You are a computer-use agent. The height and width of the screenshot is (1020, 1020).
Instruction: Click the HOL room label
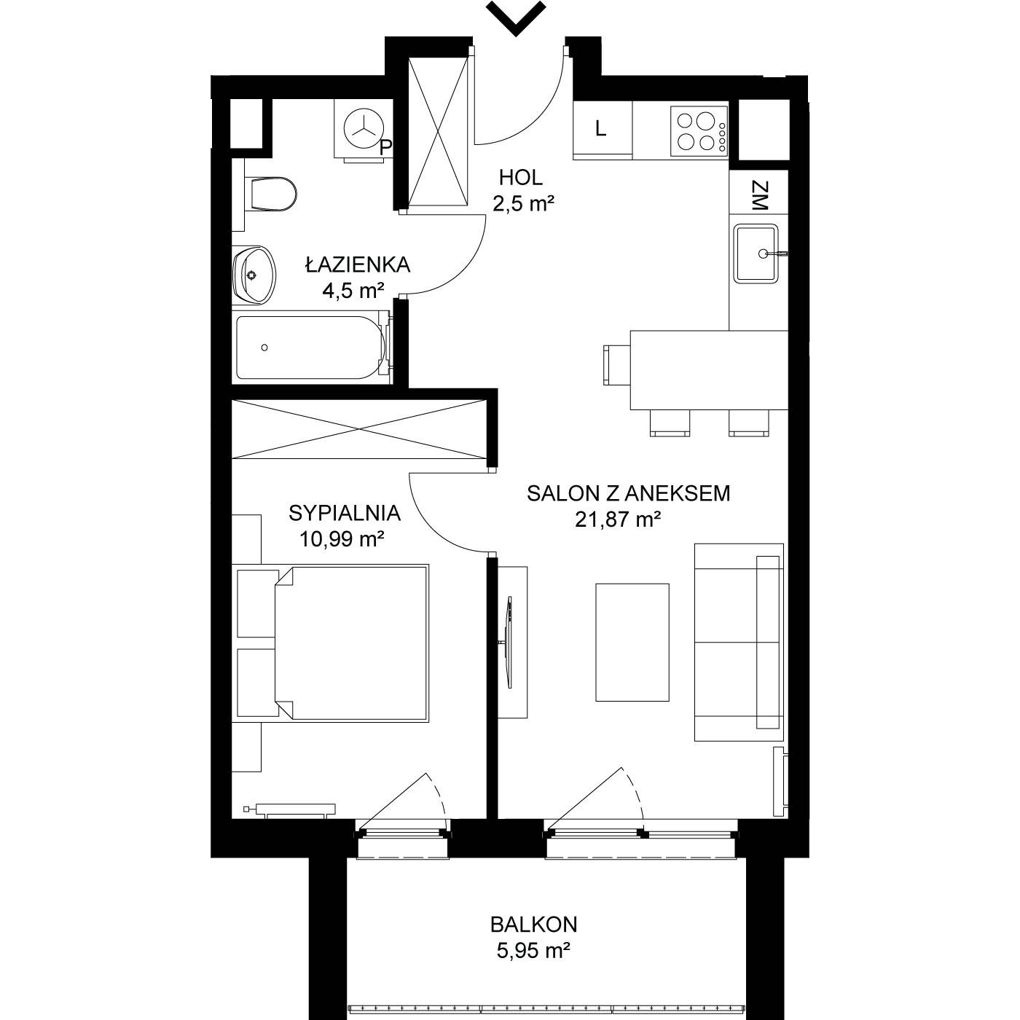521,178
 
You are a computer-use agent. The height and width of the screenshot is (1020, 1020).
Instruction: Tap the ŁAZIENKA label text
358,264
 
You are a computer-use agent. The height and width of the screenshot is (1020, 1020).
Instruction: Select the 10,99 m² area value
342,539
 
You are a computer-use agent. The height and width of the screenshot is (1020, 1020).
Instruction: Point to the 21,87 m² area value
618,519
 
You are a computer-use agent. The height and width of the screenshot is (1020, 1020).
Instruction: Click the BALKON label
533,925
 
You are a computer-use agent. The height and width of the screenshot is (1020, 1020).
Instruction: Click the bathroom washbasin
254,275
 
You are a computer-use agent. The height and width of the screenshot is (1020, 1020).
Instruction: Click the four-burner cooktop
699,131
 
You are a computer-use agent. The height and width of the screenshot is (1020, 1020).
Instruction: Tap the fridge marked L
603,130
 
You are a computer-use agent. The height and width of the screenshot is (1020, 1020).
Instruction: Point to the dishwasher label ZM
760,196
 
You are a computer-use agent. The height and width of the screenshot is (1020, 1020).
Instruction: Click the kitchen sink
756,254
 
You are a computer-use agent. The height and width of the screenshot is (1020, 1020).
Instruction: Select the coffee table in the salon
632,642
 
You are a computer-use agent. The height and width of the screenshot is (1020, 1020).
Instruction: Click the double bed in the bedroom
351,643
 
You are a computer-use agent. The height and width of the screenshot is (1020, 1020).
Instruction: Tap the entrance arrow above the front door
516,18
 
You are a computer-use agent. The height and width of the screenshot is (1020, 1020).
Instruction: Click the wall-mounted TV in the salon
509,642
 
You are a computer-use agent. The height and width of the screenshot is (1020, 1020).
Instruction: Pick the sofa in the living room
739,642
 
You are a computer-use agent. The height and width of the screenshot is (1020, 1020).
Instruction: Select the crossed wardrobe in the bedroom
359,428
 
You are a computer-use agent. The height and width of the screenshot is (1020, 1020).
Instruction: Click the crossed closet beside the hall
439,131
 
